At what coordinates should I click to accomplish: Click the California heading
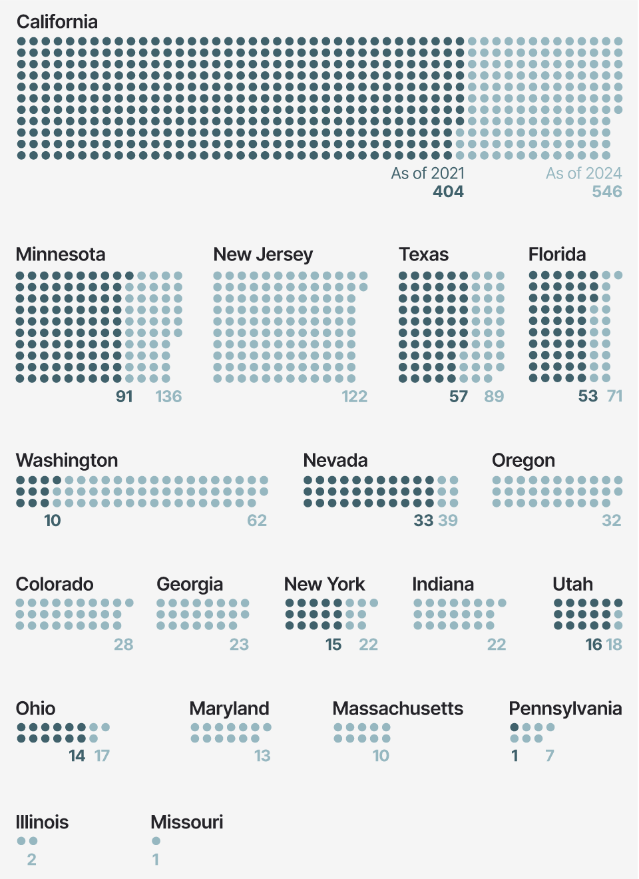point(57,22)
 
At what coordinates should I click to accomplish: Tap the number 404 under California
point(448,192)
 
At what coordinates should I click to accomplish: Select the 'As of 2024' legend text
point(584,173)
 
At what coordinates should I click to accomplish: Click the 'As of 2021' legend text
point(428,173)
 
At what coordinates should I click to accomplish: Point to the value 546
point(607,192)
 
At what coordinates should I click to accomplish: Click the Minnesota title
point(61,254)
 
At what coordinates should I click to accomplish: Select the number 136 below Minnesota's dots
point(168,397)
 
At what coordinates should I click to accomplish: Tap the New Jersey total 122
point(354,397)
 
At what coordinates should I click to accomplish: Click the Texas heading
point(424,254)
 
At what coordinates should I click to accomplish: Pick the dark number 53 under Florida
point(588,397)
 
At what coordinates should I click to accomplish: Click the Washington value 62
point(257,521)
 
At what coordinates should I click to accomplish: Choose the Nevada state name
point(335,460)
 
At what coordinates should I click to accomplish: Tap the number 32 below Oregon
point(611,521)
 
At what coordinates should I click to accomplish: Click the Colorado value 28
point(124,645)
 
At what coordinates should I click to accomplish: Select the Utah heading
point(572,584)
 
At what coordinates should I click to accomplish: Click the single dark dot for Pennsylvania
point(515,727)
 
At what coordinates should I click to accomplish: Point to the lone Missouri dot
point(156,841)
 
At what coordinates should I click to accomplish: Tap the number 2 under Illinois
point(31,860)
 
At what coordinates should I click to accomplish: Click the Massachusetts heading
point(398,709)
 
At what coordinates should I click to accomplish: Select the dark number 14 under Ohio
point(77,756)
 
